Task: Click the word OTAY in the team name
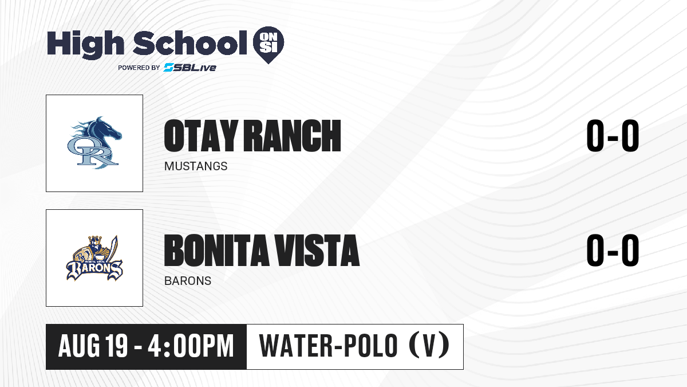pos(201,136)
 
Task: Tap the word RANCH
pos(293,136)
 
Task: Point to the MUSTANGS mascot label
pos(196,166)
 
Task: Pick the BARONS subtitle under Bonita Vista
pos(188,281)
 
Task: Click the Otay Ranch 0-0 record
pos(613,136)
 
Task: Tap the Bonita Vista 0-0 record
pos(613,251)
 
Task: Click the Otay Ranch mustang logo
pos(94,143)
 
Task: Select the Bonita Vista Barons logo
pos(94,258)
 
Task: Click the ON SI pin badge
pos(269,45)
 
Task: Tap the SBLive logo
pos(190,68)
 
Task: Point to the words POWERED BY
pos(139,68)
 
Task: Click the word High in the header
pos(85,45)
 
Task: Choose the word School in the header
pos(190,44)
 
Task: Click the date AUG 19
pos(93,346)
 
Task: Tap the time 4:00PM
pos(191,346)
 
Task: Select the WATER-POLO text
pos(329,346)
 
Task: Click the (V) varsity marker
pos(429,346)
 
